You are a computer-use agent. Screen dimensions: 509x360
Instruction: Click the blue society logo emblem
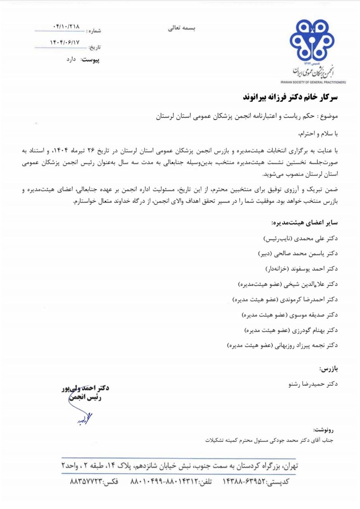pos(312,40)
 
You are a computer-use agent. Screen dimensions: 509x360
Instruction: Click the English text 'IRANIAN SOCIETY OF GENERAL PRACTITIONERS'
pos(314,82)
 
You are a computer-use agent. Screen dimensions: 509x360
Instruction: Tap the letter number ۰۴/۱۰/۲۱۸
pos(66,27)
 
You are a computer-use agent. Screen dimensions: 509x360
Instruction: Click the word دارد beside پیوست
pos(74,60)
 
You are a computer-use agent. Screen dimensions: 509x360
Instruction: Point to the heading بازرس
pos(328,369)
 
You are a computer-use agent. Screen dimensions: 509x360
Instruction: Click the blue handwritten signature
pos(84,417)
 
